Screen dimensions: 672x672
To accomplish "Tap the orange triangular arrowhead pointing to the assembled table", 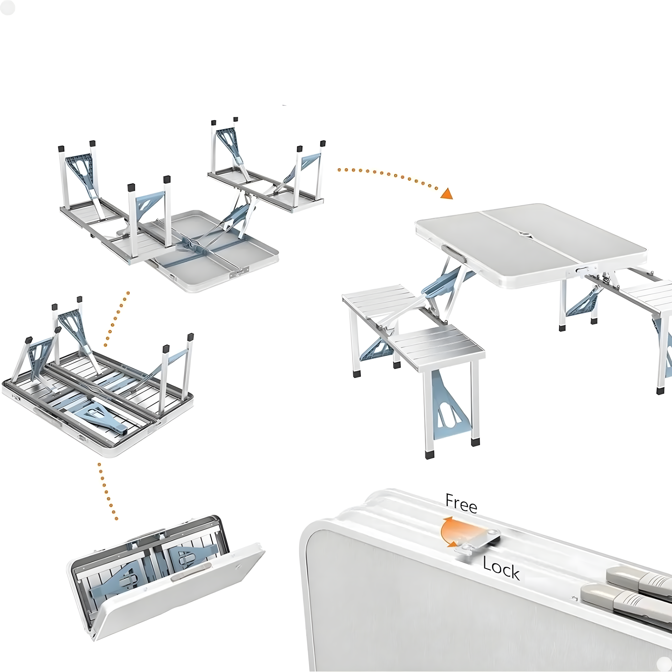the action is [447, 193].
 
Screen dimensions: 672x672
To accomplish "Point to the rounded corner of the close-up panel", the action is [311, 538].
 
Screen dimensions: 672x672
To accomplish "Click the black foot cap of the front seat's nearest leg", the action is [429, 455].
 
